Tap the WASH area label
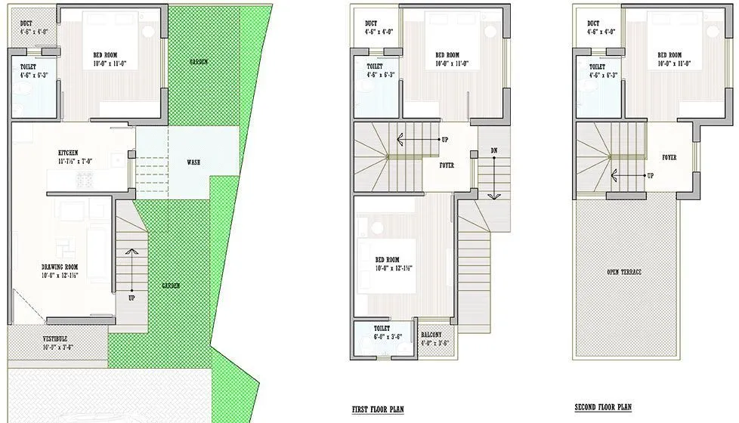[193, 162]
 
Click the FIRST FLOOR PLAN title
[378, 409]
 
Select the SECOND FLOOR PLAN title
[603, 407]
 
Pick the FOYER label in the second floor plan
[669, 158]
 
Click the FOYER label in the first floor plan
[447, 165]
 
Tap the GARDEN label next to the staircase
[170, 286]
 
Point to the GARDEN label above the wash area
[198, 62]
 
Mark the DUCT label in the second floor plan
[593, 23]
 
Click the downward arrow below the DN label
[493, 181]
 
